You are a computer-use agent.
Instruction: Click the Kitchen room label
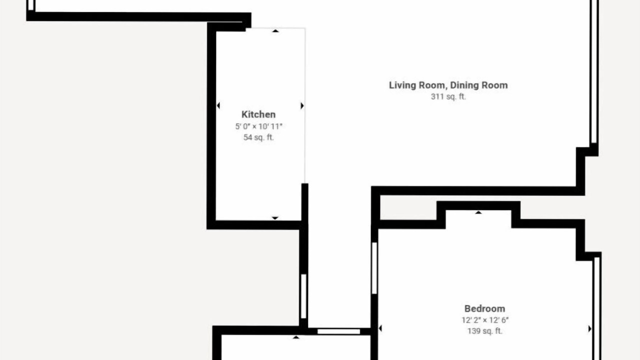pyautogui.click(x=258, y=114)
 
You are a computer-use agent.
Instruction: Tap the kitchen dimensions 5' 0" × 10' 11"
pyautogui.click(x=258, y=126)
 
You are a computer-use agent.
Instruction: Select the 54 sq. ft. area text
pyautogui.click(x=258, y=137)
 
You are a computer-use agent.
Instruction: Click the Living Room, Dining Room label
pyautogui.click(x=448, y=85)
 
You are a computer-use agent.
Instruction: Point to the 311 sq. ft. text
pyautogui.click(x=448, y=96)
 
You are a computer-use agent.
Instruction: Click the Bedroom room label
pyautogui.click(x=484, y=308)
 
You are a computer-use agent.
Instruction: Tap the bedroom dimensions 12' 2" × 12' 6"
pyautogui.click(x=485, y=320)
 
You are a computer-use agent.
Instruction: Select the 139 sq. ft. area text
pyautogui.click(x=485, y=331)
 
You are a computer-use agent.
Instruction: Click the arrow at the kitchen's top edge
pyautogui.click(x=275, y=31)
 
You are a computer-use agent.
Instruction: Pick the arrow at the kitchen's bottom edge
pyautogui.click(x=275, y=218)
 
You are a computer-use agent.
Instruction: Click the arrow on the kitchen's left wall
pyautogui.click(x=218, y=105)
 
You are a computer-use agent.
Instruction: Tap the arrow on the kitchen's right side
pyautogui.click(x=302, y=105)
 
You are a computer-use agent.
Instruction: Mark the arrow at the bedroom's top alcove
pyautogui.click(x=478, y=212)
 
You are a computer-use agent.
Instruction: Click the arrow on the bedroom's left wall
pyautogui.click(x=380, y=328)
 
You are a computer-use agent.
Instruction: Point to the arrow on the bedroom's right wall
pyautogui.click(x=589, y=329)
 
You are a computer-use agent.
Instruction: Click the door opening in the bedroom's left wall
pyautogui.click(x=374, y=268)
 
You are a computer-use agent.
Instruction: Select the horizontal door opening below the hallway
pyautogui.click(x=338, y=331)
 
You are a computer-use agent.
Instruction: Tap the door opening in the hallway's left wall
pyautogui.click(x=303, y=296)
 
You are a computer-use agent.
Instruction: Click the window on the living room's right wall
pyautogui.click(x=594, y=71)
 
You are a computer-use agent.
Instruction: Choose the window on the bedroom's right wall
pyautogui.click(x=597, y=308)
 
